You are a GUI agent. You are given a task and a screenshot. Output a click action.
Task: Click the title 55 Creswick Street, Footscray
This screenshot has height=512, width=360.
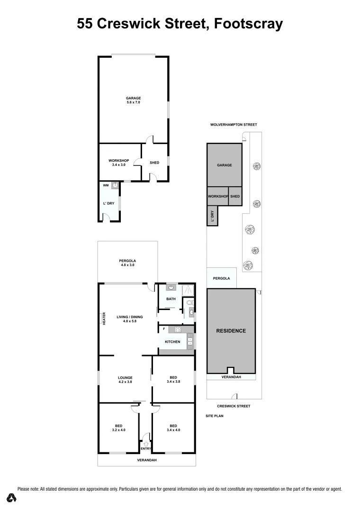coord(180,24)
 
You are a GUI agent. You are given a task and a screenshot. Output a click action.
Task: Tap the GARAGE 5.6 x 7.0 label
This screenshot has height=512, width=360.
coord(133,100)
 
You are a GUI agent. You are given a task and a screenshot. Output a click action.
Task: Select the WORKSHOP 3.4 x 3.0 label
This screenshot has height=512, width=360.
coord(118,163)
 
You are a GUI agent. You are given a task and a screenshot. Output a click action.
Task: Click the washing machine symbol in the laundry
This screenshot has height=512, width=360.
coord(115,186)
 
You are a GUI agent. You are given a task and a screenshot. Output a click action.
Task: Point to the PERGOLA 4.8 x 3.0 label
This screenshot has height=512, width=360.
coord(127,263)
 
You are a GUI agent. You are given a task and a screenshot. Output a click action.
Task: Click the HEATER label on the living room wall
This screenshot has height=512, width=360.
coord(104,318)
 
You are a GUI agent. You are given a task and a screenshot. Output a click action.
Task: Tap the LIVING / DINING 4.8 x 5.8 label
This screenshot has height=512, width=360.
coord(129,319)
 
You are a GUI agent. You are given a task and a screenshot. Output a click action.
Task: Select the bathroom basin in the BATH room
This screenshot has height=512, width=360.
coord(171,287)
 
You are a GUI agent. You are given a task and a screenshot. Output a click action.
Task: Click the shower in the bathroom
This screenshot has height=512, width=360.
coord(188,290)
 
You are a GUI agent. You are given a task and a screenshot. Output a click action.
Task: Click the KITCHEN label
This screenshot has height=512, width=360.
coord(172,341)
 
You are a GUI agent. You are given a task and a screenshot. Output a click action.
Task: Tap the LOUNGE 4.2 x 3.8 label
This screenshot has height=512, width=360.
coord(125,380)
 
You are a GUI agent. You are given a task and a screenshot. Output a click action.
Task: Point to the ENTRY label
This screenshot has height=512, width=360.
coord(145,448)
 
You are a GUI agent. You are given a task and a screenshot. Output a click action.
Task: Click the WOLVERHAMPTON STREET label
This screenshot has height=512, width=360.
coord(234,125)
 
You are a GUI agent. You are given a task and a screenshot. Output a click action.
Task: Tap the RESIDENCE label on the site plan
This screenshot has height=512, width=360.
coord(231,330)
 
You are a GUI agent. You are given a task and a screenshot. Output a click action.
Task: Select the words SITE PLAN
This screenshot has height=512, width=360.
coord(214,416)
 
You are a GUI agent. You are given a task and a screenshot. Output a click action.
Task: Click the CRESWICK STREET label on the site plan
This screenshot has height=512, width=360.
coord(234,406)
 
